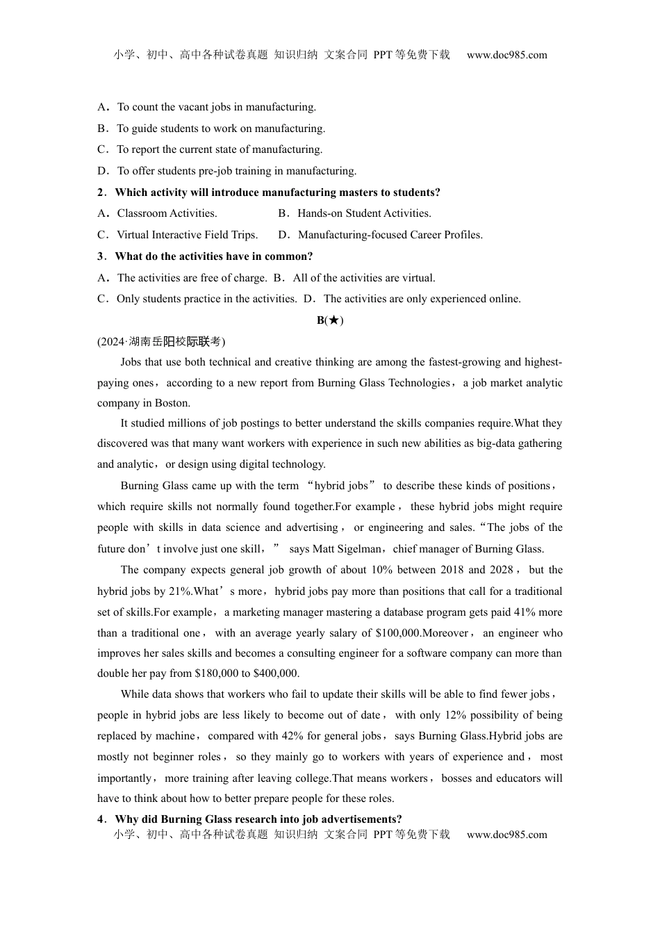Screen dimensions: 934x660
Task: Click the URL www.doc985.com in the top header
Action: tap(506, 55)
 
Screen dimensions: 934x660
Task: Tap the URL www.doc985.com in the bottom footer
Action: tap(506, 835)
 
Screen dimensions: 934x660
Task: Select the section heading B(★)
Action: tap(330, 320)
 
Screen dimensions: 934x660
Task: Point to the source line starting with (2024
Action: tap(161, 341)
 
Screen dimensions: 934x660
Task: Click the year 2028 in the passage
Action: tap(500, 570)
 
